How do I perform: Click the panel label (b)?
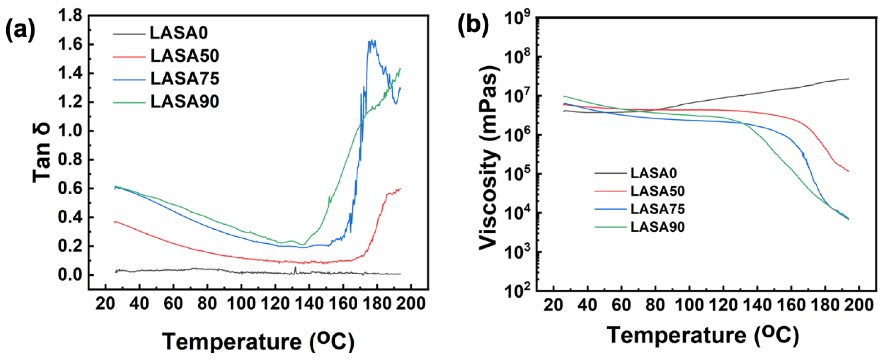tap(474, 24)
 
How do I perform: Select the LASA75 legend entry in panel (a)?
tap(184, 79)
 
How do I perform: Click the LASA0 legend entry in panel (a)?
tap(178, 33)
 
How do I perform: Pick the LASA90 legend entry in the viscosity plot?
tap(658, 227)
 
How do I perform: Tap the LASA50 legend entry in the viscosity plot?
tap(658, 191)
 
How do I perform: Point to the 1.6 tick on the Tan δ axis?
tap(70, 45)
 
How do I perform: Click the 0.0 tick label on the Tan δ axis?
tap(70, 275)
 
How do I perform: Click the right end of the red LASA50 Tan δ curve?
tap(400, 188)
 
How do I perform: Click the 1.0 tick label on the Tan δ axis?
tap(70, 131)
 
